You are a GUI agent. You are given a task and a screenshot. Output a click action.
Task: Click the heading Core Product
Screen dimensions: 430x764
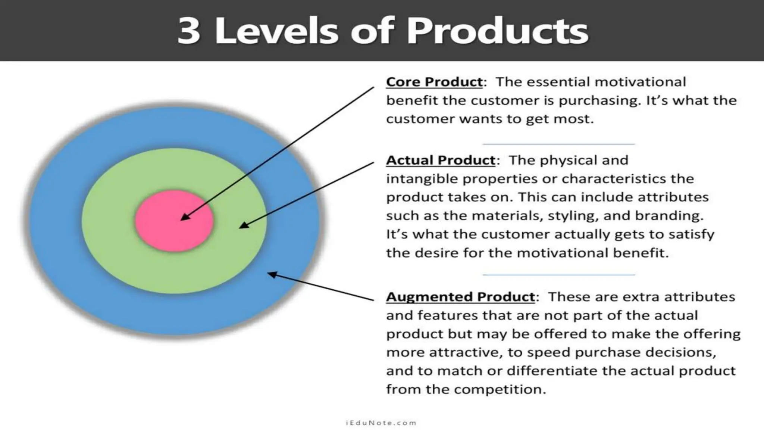coord(434,82)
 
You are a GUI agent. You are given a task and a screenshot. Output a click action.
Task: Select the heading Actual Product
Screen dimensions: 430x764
coord(441,160)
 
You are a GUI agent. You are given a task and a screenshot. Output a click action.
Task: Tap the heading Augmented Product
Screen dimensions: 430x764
coord(460,297)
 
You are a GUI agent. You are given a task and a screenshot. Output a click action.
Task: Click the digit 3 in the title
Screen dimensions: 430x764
coord(189,31)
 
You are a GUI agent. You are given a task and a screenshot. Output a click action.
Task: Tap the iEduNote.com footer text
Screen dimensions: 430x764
coord(381,423)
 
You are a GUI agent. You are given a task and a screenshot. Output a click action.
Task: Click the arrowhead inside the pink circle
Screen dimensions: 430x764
coord(184,218)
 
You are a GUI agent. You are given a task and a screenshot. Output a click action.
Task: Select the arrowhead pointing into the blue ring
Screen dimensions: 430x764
coord(272,275)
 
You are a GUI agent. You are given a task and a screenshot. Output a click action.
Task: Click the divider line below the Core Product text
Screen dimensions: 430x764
coord(558,144)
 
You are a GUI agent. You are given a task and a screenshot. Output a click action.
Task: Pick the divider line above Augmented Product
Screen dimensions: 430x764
coord(558,275)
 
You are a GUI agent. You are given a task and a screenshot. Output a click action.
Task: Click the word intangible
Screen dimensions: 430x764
coord(422,179)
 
